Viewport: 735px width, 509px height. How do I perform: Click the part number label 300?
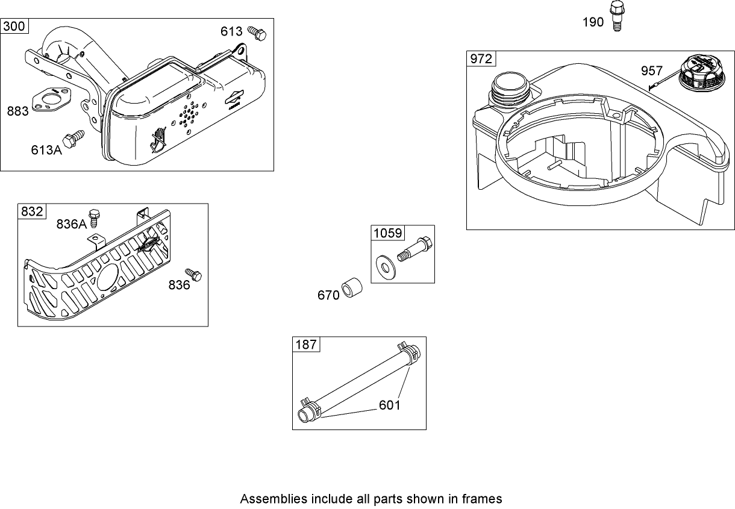15,27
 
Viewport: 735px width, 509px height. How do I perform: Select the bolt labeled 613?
258,34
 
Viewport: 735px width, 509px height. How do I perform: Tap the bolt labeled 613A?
73,138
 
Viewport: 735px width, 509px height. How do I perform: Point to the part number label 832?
32,211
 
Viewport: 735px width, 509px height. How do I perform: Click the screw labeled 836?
193,275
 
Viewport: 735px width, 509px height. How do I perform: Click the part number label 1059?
386,233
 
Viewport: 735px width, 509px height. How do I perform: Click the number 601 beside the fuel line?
389,405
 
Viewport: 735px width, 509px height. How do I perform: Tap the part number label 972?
481,59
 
